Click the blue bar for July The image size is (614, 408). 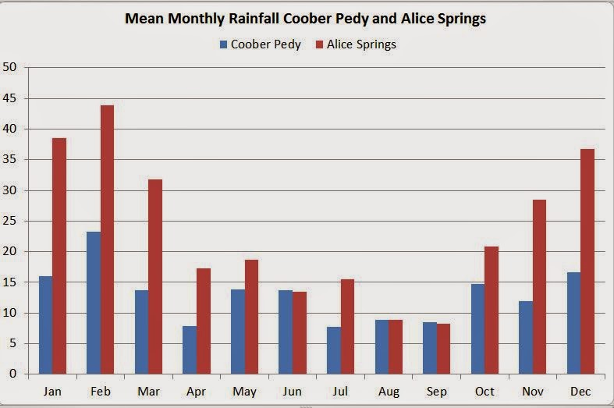(333, 350)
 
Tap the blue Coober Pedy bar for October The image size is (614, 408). (477, 328)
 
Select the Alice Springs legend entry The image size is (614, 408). (356, 44)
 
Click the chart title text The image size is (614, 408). (306, 19)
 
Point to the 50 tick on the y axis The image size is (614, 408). (10, 67)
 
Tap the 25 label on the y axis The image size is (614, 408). (10, 221)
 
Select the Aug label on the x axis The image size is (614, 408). (388, 391)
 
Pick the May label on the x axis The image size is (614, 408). (243, 391)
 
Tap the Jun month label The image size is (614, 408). (292, 391)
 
